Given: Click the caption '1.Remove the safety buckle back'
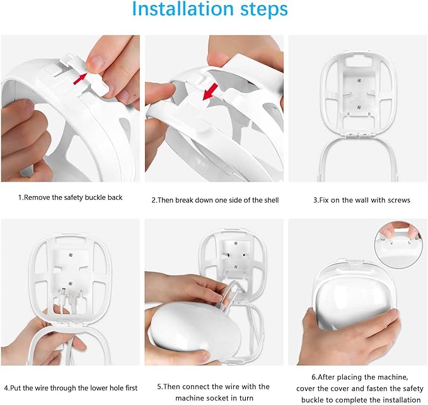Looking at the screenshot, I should point(70,197).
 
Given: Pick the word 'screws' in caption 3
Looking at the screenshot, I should point(398,200).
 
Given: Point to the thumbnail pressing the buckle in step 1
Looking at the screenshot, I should point(96,62).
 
